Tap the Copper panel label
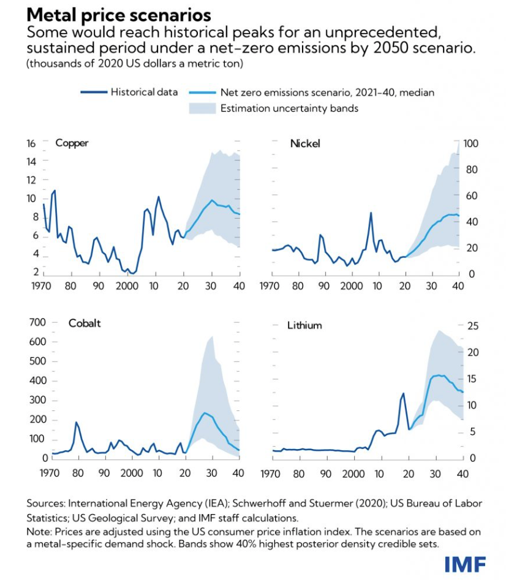click(x=72, y=143)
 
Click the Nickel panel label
click(x=305, y=144)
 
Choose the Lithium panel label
click(x=304, y=325)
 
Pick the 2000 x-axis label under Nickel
click(x=352, y=286)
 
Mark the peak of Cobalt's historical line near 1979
click(x=76, y=422)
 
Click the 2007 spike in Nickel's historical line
click(x=371, y=213)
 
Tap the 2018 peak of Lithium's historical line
click(x=403, y=393)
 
